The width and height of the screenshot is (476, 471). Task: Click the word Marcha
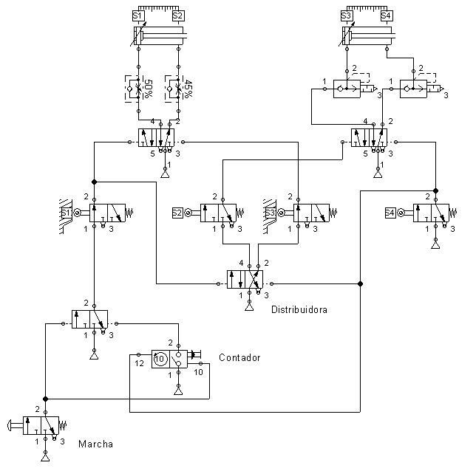pos(95,444)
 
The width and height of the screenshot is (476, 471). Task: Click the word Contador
pos(239,358)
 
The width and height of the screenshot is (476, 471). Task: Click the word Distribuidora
pos(299,309)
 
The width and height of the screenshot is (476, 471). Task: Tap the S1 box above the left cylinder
pos(137,16)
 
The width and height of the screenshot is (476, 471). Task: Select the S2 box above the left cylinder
pos(177,16)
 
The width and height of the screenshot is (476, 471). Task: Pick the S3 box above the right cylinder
pos(346,16)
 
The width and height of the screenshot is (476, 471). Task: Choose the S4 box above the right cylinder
pos(387,16)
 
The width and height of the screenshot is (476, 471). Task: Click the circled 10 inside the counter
pos(160,360)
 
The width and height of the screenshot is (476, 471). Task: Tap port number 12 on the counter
pos(138,362)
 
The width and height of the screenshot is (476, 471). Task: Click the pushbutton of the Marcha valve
pos(18,425)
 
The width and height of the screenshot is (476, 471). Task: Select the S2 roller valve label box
pos(177,213)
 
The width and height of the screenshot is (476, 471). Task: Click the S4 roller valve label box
pos(390,213)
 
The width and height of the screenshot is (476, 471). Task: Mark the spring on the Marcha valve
pos(64,425)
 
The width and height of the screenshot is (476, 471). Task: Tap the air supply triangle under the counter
pos(177,392)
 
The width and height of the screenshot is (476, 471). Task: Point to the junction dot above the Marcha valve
pos(46,397)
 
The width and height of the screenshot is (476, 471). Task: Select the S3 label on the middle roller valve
pos(271,213)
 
